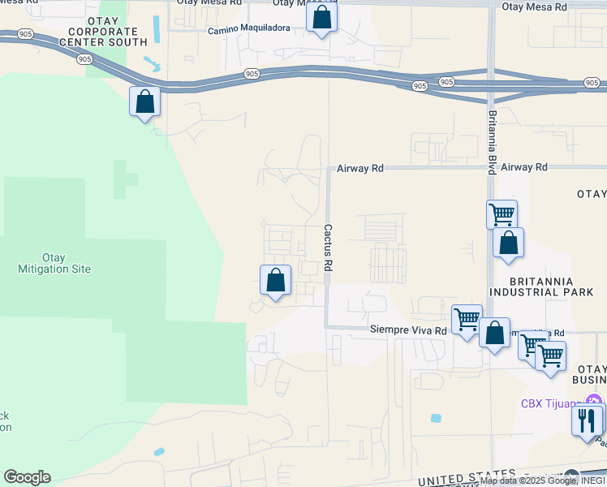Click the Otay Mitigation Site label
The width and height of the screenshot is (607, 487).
[x=54, y=263]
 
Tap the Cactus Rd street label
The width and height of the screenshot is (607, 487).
[x=329, y=248]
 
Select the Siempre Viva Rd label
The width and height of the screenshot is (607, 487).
[x=408, y=330]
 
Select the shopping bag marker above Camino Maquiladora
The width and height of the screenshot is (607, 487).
[x=322, y=18]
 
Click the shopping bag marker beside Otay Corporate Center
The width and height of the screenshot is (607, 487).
[x=144, y=101]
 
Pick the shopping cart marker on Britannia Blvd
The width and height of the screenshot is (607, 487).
[x=502, y=215]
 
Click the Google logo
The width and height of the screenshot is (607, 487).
[x=27, y=477]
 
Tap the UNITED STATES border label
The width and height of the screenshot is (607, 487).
[x=467, y=477]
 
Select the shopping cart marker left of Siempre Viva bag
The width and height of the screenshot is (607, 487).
[x=467, y=319]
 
